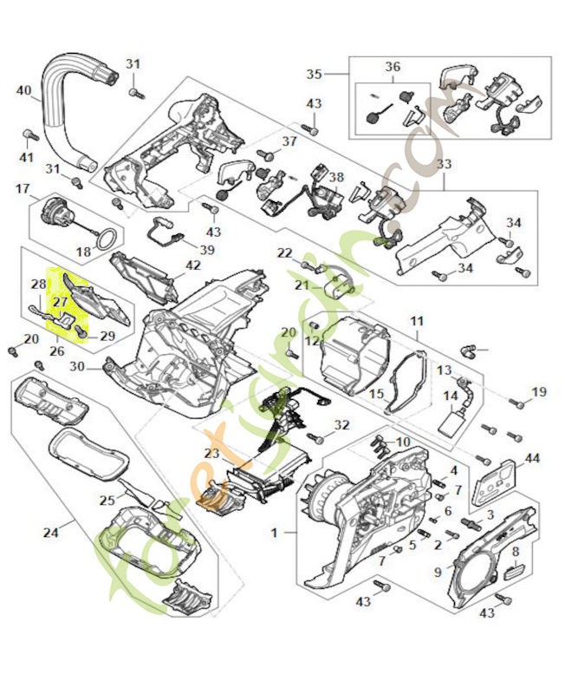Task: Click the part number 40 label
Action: [23, 90]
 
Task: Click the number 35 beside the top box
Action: [314, 74]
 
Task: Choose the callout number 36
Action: [393, 67]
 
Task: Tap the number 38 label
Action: [335, 177]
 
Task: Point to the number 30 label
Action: [78, 366]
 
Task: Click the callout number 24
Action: [50, 532]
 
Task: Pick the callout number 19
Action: [539, 392]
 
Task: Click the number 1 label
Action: [274, 532]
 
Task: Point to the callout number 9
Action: [437, 572]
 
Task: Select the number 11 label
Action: [417, 320]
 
